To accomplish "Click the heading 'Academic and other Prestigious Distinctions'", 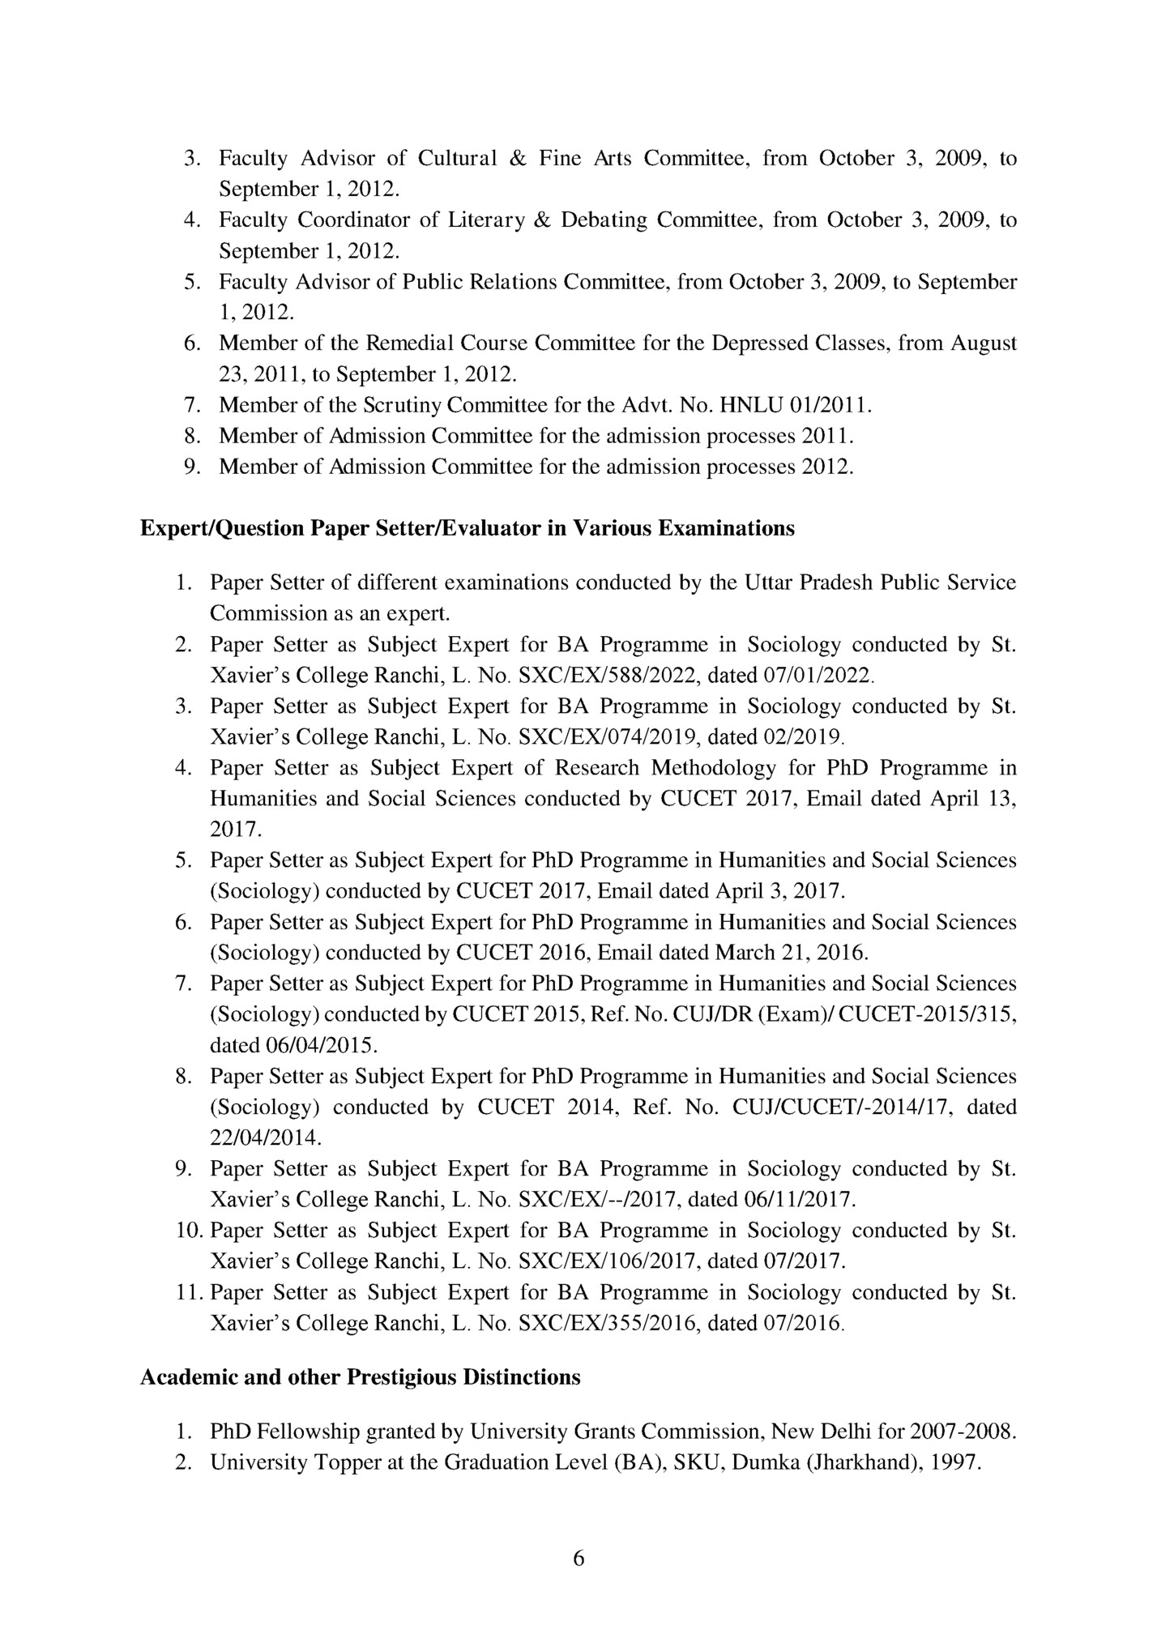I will pyautogui.click(x=360, y=1377).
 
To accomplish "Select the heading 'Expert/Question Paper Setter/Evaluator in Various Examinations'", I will pyautogui.click(x=467, y=529).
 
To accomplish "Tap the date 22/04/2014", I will pyautogui.click(x=265, y=1138).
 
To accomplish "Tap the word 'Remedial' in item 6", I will pyautogui.click(x=410, y=344).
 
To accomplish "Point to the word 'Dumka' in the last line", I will pyautogui.click(x=761, y=1463).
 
